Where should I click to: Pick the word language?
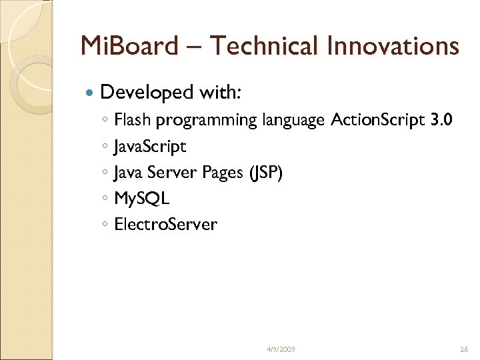pyautogui.click(x=293, y=121)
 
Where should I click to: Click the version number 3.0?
pyautogui.click(x=441, y=121)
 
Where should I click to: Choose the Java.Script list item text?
pyautogui.click(x=150, y=147)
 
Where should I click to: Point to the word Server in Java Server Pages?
pyautogui.click(x=169, y=173)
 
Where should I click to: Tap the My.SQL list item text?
pyautogui.click(x=142, y=199)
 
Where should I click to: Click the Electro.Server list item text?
pyautogui.click(x=166, y=224)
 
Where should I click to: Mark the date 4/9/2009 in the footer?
pyautogui.click(x=281, y=349)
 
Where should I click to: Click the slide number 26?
pyautogui.click(x=465, y=349)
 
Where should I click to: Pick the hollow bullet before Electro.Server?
pyautogui.click(x=106, y=225)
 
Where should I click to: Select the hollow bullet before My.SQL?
pyautogui.click(x=106, y=199)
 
